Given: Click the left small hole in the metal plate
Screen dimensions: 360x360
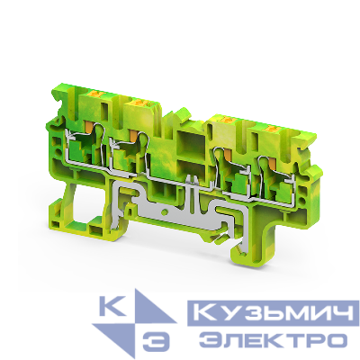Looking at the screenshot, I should (164, 199).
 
